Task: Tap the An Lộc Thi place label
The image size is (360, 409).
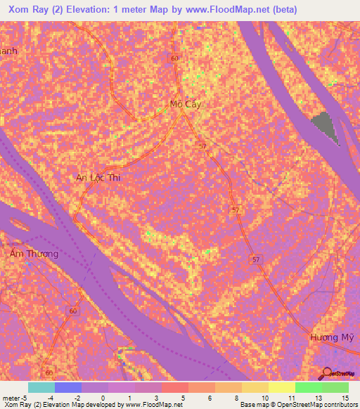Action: (x=98, y=178)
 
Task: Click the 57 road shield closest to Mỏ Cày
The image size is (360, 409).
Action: (x=203, y=145)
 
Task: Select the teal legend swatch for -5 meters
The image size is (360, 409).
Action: (x=41, y=387)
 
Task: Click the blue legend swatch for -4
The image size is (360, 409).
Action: (x=68, y=387)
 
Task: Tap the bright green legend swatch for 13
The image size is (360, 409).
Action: (x=308, y=387)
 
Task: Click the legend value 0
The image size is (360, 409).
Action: (x=103, y=397)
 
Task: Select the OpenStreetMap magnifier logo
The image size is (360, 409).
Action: (x=326, y=372)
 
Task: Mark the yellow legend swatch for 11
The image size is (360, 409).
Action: (x=281, y=387)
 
